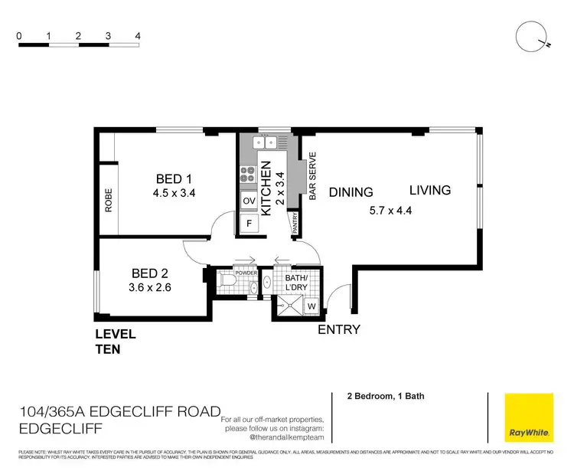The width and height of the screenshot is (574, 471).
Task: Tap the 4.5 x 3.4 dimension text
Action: (174, 194)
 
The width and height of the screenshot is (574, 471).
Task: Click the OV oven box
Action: (248, 201)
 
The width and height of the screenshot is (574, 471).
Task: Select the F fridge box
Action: (247, 224)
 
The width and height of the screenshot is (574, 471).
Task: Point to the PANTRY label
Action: (295, 223)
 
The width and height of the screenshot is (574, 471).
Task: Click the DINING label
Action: (351, 193)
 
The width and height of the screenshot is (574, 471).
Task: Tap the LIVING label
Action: (429, 190)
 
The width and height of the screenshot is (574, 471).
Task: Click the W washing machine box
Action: (311, 307)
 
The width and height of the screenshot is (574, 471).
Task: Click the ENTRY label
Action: (339, 330)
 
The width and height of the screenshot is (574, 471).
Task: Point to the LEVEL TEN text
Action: (115, 342)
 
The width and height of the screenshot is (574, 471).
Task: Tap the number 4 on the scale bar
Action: (138, 35)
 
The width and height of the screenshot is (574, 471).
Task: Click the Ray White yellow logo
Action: (528, 418)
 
